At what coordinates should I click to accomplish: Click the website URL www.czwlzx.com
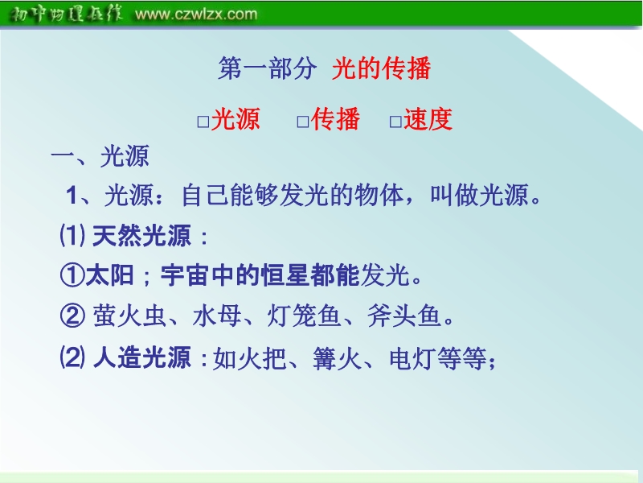click(196, 14)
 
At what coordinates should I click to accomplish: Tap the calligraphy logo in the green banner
click(66, 14)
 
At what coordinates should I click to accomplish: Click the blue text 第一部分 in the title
click(267, 68)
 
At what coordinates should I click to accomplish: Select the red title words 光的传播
click(381, 68)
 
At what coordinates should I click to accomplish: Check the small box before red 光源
click(203, 122)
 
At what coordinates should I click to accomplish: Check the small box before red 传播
click(303, 122)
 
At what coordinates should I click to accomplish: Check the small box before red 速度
click(395, 122)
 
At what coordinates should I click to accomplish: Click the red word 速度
click(428, 119)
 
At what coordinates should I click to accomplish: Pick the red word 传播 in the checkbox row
click(335, 119)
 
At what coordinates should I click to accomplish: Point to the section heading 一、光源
click(100, 156)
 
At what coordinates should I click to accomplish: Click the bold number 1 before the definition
click(72, 195)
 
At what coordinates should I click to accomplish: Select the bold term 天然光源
click(142, 236)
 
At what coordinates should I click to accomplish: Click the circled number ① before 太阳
click(72, 275)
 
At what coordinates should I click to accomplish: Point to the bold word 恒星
click(285, 275)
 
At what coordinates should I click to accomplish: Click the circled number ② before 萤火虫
click(72, 316)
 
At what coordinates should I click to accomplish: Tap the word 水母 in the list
click(216, 316)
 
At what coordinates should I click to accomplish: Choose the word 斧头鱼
click(404, 316)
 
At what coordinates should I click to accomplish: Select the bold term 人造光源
click(142, 357)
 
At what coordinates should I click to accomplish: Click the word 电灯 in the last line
click(413, 358)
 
